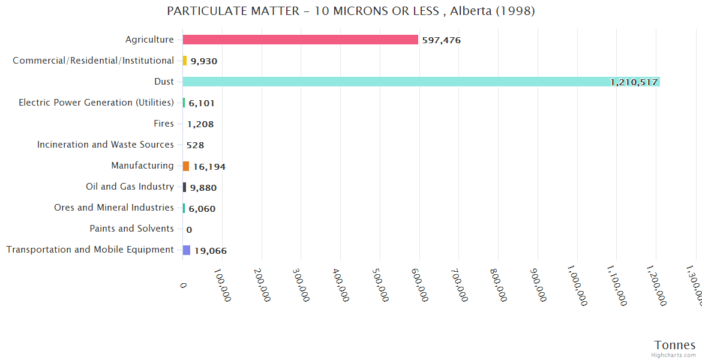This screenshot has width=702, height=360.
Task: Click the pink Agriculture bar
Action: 300,40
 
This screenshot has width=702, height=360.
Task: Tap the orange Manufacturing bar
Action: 186,166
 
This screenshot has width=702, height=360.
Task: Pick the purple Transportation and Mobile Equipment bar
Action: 187,250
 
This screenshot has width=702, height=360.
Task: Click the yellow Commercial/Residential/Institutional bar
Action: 185,61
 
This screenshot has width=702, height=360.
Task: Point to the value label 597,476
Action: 441,40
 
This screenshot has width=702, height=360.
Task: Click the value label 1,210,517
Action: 634,82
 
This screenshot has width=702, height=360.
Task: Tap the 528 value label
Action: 195,145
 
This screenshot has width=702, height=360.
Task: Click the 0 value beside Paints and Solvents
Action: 189,230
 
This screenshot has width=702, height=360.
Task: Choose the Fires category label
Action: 164,124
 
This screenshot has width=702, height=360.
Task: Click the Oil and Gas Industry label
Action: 130,187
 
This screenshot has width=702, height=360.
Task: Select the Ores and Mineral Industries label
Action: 114,208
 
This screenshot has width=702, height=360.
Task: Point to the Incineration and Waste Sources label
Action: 106,145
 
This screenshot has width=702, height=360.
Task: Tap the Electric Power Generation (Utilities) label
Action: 96,103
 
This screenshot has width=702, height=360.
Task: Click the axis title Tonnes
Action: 674,345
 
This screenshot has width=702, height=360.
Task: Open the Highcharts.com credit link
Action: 673,355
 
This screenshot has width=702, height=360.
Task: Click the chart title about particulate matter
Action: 351,11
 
